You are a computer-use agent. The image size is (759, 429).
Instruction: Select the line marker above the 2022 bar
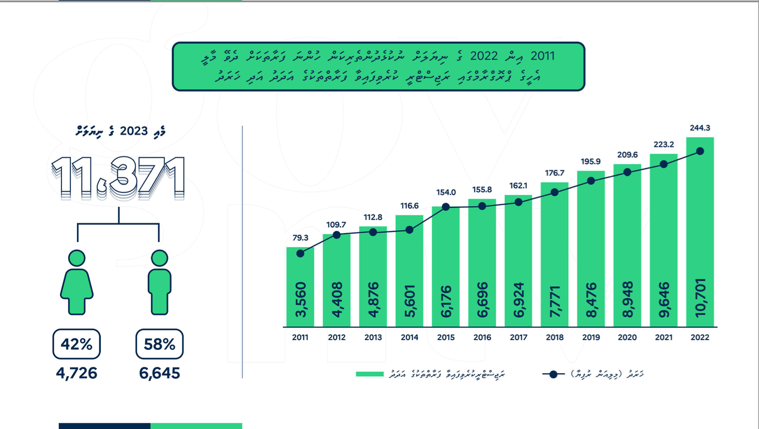pos(700,151)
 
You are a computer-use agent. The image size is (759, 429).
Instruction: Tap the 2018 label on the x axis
pos(555,338)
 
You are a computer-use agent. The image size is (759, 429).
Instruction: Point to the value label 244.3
pos(700,128)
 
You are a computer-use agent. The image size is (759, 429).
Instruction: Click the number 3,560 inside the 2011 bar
pos(300,300)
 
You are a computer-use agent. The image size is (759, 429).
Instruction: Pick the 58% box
pos(159,344)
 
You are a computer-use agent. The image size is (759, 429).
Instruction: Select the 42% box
pos(77,344)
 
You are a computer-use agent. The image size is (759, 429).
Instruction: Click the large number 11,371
pos(118,178)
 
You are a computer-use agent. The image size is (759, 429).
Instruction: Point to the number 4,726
pos(77,373)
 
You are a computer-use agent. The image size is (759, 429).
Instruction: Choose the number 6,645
pos(159,373)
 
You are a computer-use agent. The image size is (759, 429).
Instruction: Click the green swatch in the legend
pos(370,374)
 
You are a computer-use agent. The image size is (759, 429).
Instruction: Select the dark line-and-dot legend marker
pos(553,374)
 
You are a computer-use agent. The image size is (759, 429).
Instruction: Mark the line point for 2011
pos(300,253)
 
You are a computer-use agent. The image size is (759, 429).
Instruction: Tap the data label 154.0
pos(446,192)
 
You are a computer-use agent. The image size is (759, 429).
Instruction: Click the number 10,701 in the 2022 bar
pos(700,298)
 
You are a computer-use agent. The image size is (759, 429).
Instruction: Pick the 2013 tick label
pos(373,338)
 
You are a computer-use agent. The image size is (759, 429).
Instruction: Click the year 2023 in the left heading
pos(134,131)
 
